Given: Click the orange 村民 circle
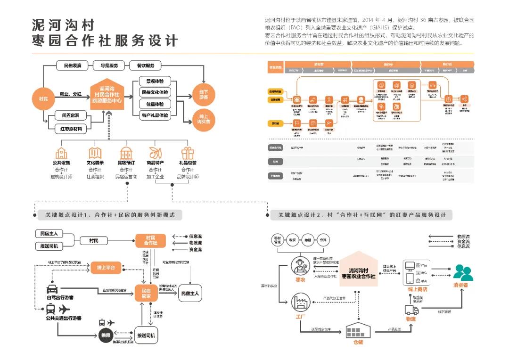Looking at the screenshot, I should click(43, 99).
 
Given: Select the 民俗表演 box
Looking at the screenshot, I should click(72, 65).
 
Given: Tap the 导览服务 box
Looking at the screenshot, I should click(109, 65).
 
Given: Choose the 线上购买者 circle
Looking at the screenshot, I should click(204, 119).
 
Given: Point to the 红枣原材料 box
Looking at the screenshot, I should click(70, 128).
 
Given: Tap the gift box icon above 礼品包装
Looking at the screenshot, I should click(188, 153).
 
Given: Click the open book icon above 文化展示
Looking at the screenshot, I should click(95, 153).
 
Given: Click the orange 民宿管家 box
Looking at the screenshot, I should click(146, 293).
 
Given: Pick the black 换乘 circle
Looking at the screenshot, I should click(105, 335).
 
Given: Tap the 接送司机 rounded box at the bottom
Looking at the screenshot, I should click(146, 335).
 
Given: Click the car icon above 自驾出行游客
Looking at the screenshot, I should click(52, 289).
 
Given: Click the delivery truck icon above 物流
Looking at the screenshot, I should click(411, 310).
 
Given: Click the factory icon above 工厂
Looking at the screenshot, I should click(300, 302).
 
